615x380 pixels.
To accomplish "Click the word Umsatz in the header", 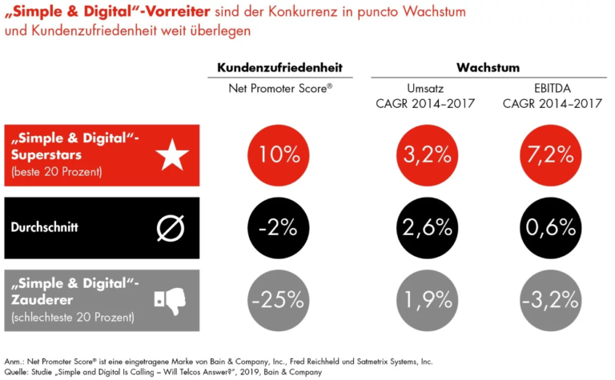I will (x=426, y=88).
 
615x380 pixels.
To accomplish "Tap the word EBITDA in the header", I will (x=549, y=88).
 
